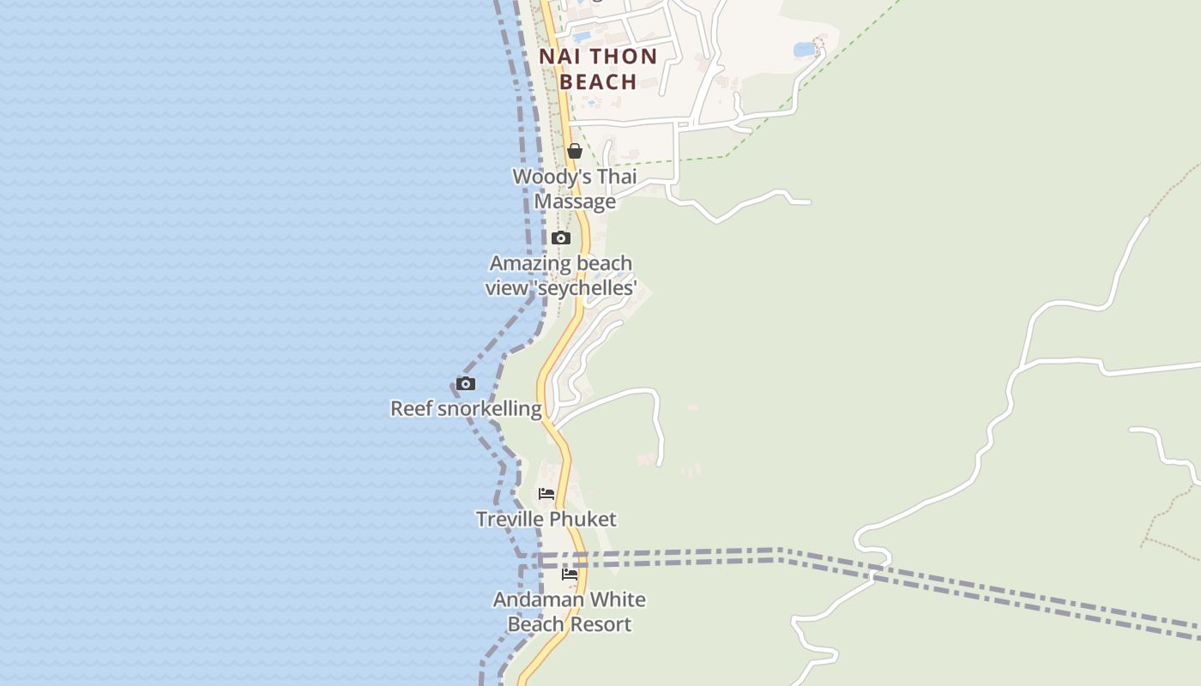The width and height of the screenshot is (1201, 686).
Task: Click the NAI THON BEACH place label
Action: (598, 69)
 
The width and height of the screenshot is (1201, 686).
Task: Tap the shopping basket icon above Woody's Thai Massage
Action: (575, 151)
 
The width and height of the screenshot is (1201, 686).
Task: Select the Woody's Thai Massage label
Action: (575, 189)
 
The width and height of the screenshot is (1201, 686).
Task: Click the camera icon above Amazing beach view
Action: (561, 238)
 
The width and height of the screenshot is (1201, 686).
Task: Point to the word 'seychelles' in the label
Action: (586, 288)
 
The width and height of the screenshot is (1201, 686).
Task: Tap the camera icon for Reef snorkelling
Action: (466, 383)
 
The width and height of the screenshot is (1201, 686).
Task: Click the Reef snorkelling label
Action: (466, 408)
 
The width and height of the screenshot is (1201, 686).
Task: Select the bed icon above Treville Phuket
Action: (546, 493)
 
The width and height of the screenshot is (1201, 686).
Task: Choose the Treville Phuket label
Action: (546, 519)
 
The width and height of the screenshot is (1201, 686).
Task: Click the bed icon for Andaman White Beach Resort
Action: (570, 574)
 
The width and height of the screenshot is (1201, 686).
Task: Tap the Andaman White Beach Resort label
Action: (570, 611)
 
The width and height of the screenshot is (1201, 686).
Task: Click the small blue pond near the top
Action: (804, 50)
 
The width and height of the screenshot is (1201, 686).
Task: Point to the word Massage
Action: (575, 202)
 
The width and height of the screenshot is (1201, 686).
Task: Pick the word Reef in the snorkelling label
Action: (412, 408)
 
